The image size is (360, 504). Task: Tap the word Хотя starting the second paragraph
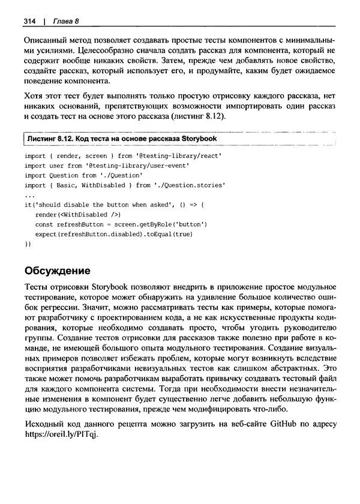point(35,96)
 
